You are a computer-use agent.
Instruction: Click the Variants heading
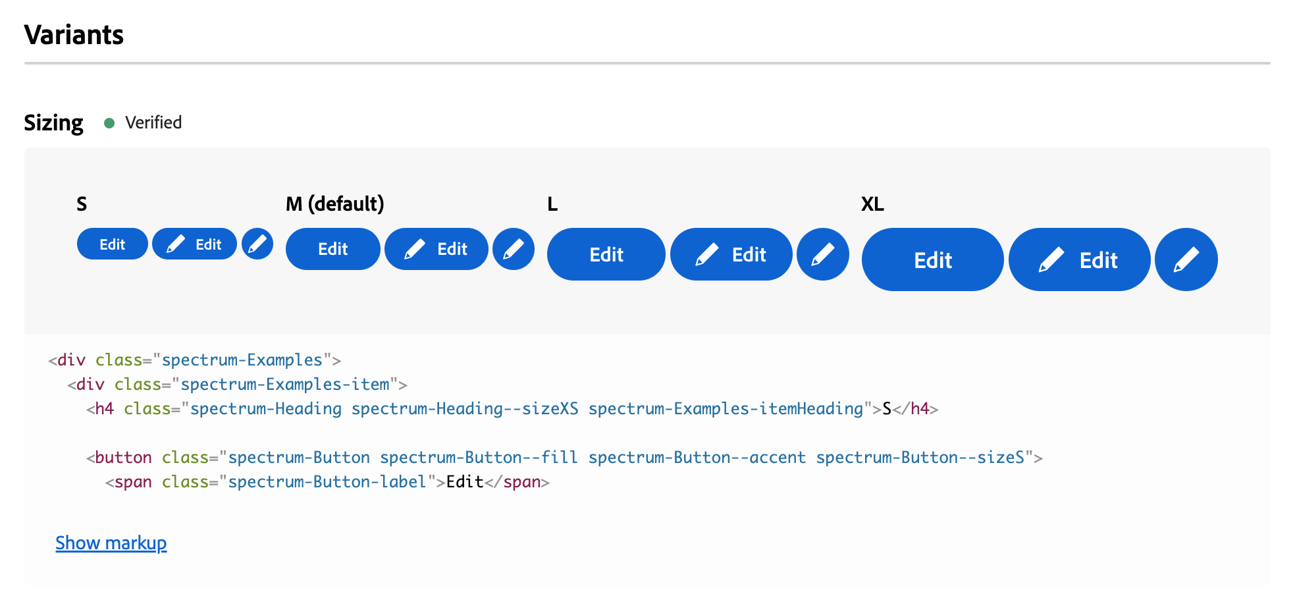(74, 35)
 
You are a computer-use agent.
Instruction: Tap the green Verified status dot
(109, 123)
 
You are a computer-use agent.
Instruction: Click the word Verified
(153, 122)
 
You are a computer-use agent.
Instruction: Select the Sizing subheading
(53, 123)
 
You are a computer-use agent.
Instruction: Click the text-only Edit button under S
(113, 244)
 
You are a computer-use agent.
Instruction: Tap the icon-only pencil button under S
(257, 244)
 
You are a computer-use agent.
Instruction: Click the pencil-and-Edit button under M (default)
(437, 249)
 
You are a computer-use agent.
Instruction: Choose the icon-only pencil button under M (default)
(514, 249)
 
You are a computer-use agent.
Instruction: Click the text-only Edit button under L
(606, 254)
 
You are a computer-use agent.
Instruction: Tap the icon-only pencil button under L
(823, 254)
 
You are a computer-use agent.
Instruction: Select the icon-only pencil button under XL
(1186, 259)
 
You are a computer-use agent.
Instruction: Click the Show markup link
(111, 543)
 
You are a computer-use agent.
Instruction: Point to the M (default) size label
(334, 204)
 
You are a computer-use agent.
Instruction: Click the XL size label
(872, 204)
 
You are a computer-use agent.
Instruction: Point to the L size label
(552, 204)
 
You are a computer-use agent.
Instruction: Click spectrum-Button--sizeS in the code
(920, 458)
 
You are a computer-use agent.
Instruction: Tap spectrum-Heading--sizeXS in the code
(465, 409)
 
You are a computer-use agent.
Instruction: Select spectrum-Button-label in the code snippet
(327, 482)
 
